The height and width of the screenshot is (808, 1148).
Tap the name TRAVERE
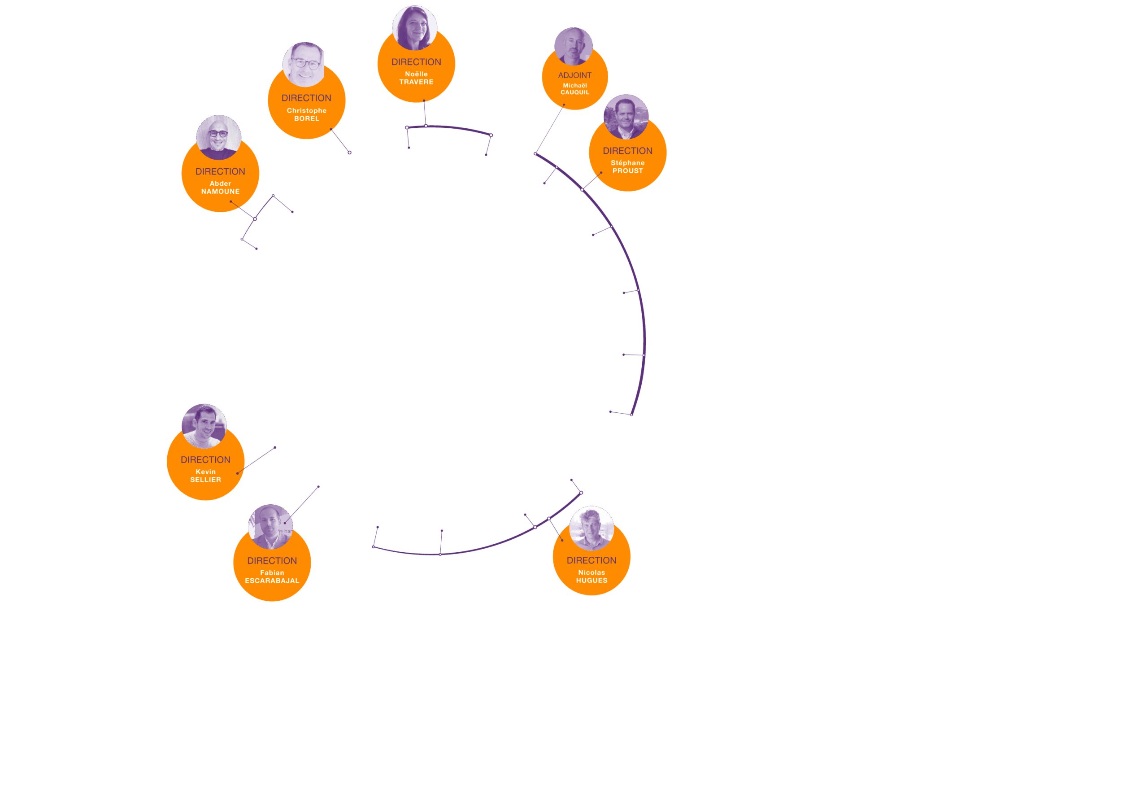(416, 82)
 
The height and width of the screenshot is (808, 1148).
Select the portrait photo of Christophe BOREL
(304, 64)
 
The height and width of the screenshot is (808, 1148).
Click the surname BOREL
(306, 118)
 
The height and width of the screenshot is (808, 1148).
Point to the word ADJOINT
(574, 75)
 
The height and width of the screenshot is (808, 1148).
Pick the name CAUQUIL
(574, 92)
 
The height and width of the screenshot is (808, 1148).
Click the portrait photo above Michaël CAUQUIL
(573, 46)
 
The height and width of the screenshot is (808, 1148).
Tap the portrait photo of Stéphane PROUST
(626, 117)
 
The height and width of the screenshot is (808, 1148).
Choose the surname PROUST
(627, 171)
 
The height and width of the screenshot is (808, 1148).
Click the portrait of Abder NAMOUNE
(218, 137)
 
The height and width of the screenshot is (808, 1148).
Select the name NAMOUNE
(220, 192)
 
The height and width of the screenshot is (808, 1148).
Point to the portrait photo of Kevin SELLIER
(204, 426)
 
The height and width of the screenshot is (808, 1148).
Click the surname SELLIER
(205, 480)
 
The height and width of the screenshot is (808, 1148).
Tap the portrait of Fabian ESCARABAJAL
(270, 526)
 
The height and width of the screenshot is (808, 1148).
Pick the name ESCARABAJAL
(272, 581)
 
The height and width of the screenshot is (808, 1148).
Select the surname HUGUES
(591, 581)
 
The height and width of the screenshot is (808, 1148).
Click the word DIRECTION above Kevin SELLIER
(205, 460)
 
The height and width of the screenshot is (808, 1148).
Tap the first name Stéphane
(627, 163)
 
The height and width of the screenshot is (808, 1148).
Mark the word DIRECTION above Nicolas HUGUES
(591, 560)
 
